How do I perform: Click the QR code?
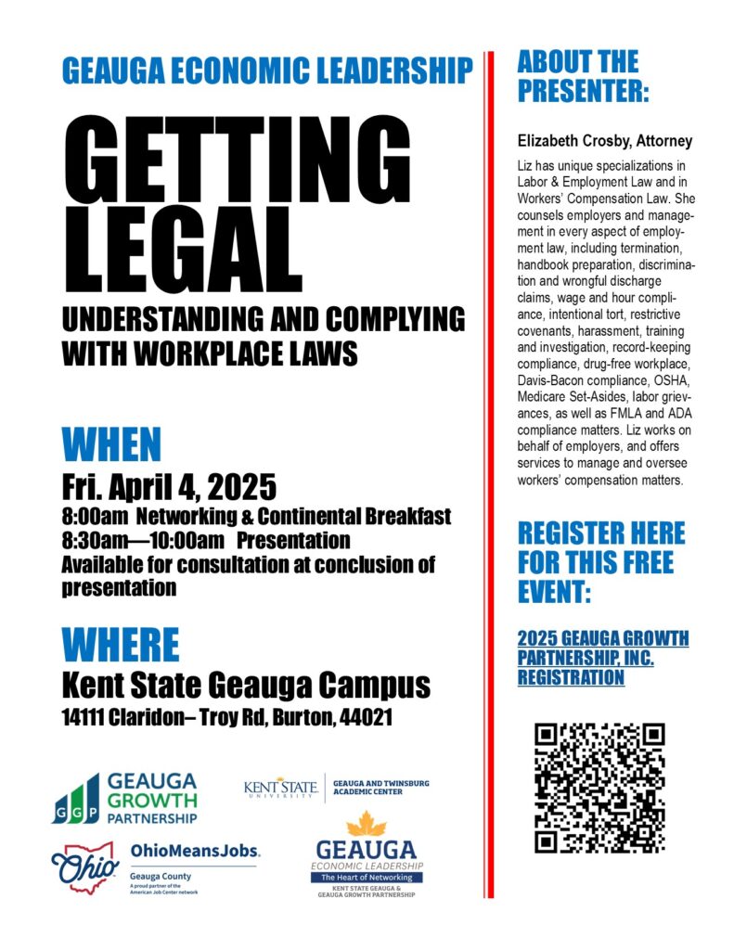click(600, 788)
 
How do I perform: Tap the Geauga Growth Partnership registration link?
click(602, 658)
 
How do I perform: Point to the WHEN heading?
click(111, 445)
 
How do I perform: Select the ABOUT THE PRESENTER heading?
click(583, 77)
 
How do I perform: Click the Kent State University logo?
click(282, 787)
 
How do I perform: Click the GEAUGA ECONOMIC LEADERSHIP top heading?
click(267, 70)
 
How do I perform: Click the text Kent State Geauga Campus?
click(246, 687)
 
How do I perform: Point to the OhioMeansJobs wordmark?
click(195, 851)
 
